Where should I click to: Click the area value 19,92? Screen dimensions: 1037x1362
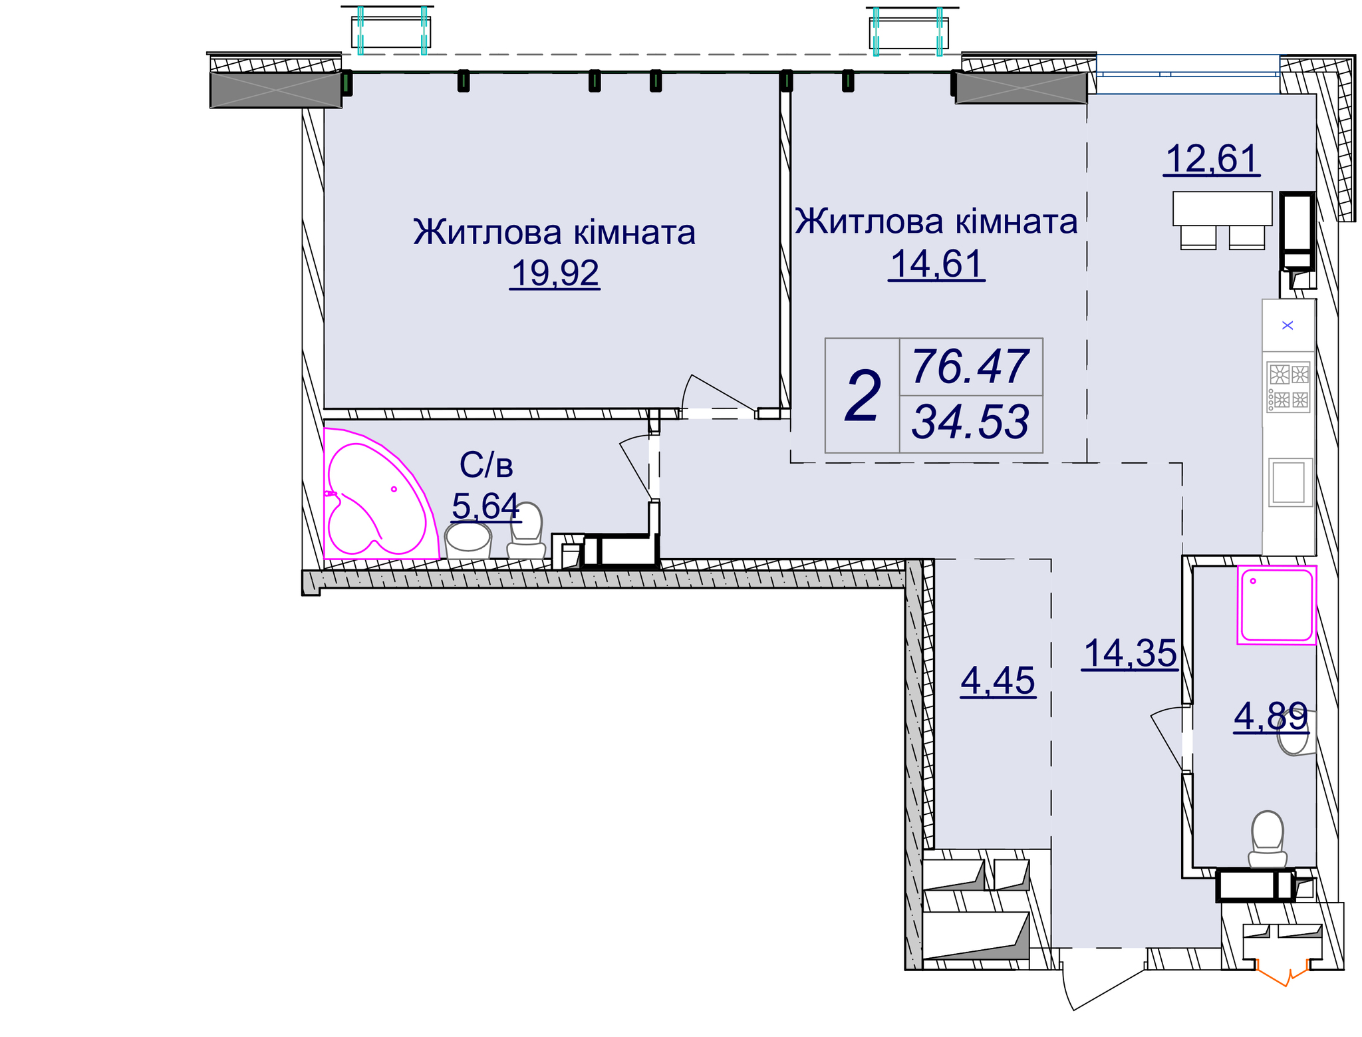tap(555, 273)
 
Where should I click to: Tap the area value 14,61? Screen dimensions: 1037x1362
tap(936, 264)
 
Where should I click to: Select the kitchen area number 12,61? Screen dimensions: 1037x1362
tap(1211, 159)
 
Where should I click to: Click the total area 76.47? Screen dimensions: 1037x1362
tap(970, 367)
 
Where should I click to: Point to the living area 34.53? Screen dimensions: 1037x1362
tap(970, 422)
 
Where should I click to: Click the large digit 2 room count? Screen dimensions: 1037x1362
tap(862, 397)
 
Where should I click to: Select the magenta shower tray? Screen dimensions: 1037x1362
tap(1276, 605)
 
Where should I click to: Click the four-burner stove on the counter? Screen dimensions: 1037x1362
tap(1288, 386)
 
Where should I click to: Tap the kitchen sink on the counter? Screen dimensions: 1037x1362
tap(1289, 483)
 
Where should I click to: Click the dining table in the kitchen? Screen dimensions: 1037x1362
tap(1222, 208)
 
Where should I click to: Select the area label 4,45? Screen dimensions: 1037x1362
tap(998, 681)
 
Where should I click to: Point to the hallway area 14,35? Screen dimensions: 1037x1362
tap(1130, 653)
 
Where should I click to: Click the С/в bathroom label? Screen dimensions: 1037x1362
tap(486, 466)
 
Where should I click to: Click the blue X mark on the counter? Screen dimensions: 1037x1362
tap(1288, 325)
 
